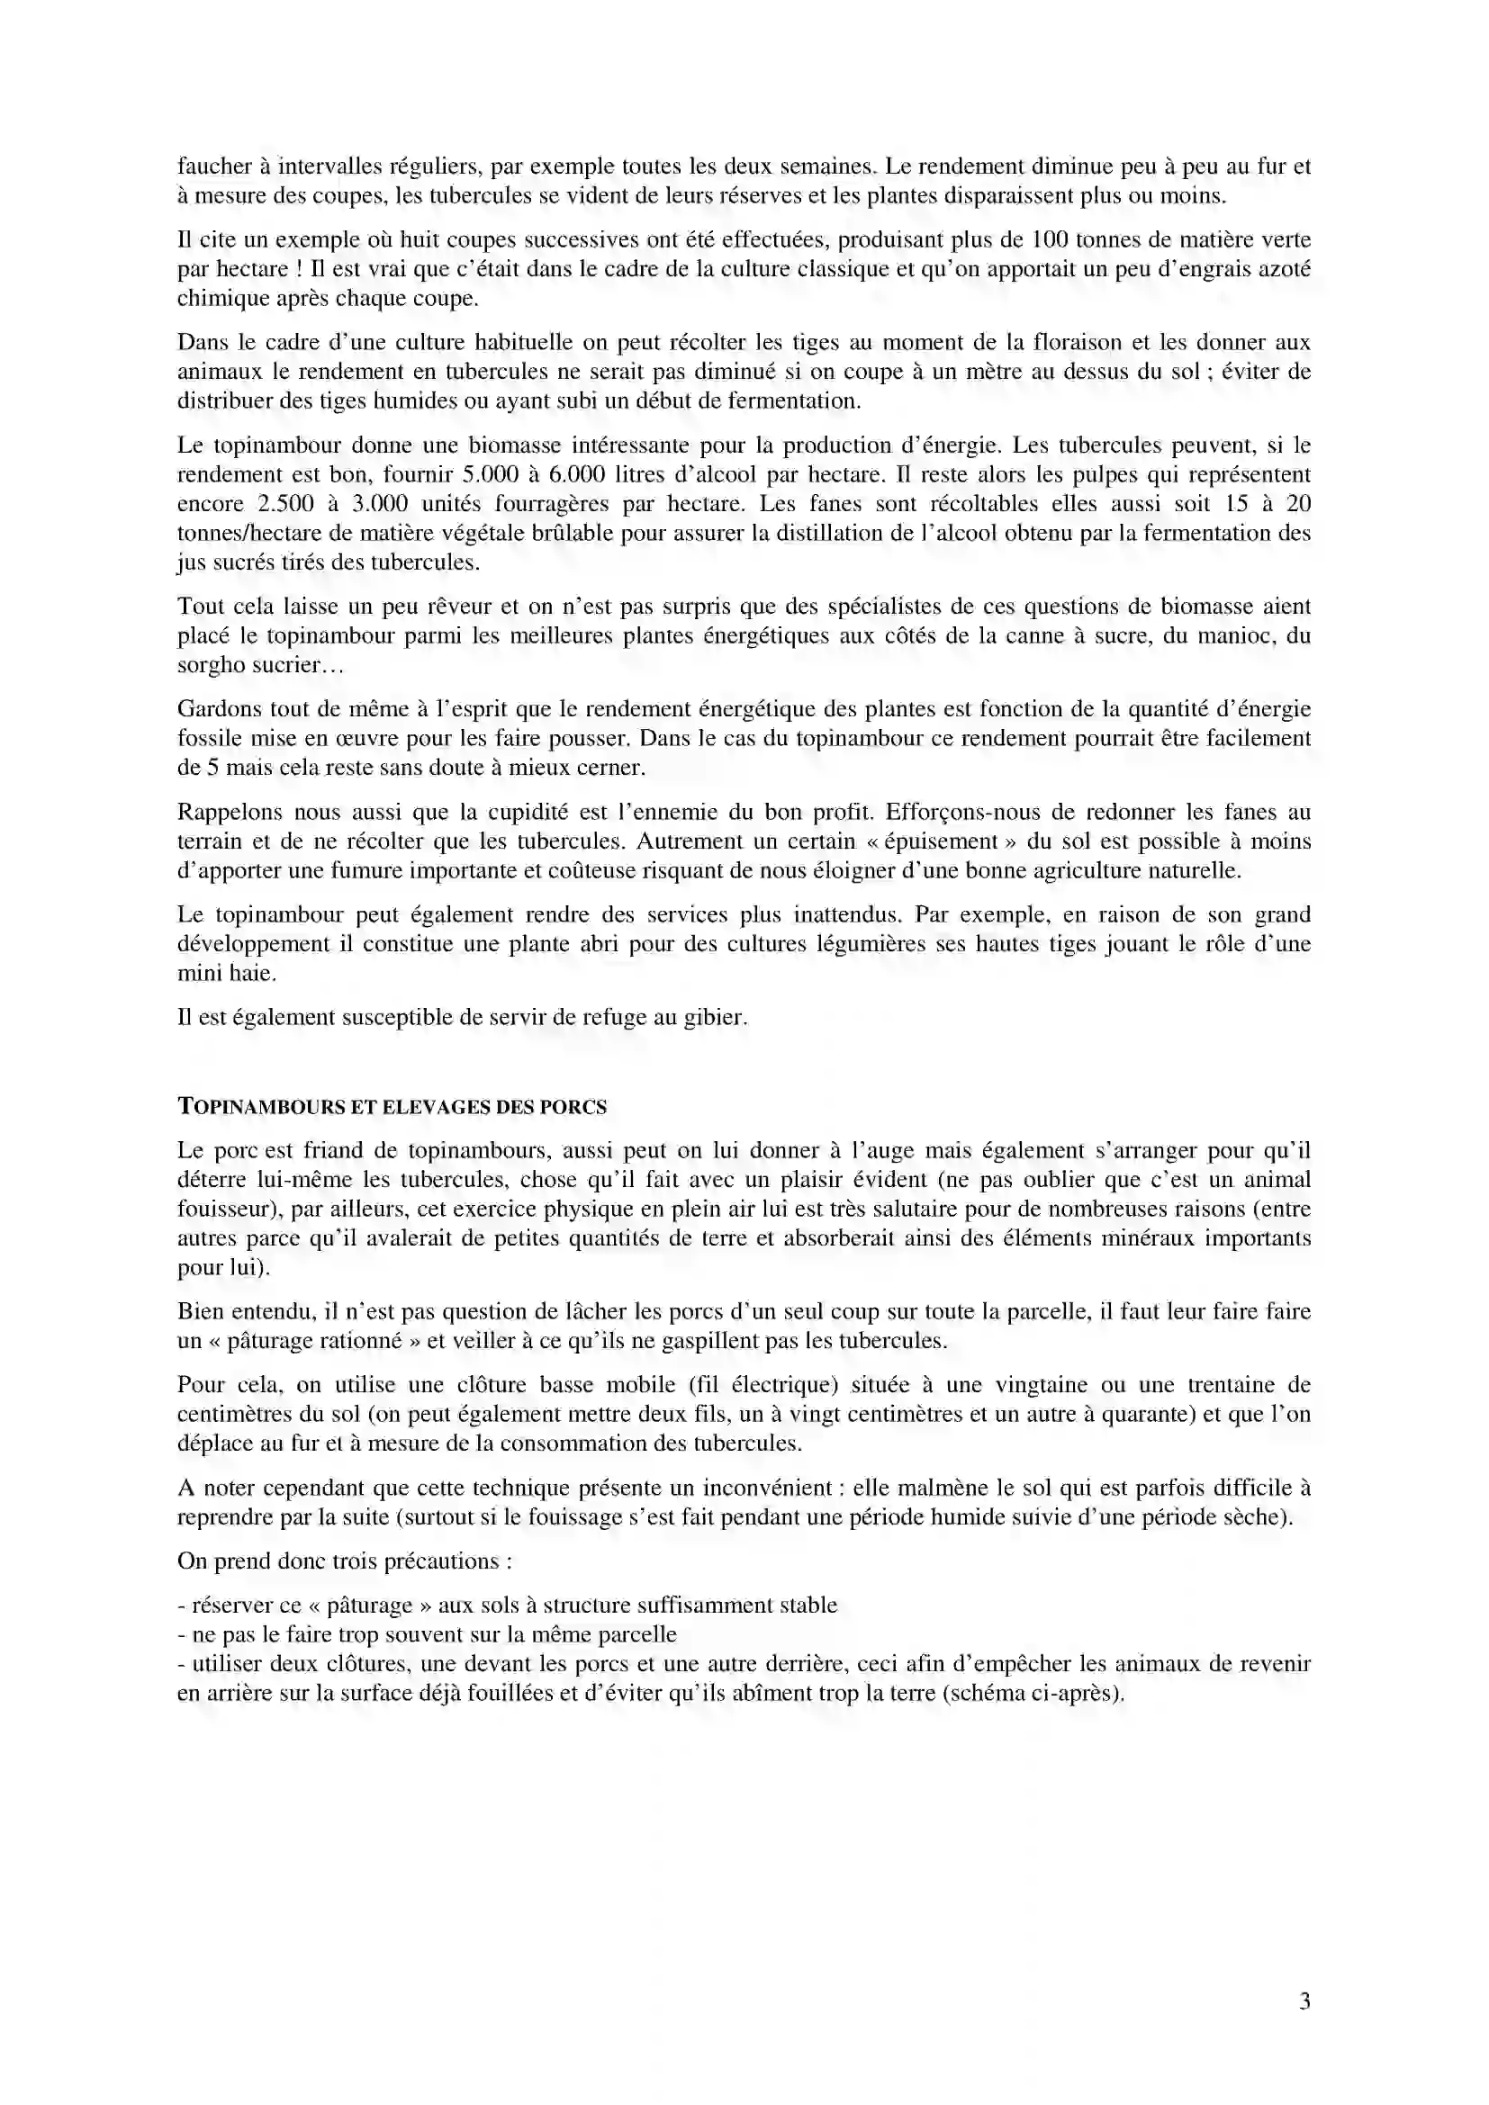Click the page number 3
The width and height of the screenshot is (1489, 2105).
click(x=1304, y=2002)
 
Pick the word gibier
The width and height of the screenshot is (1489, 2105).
click(x=715, y=1018)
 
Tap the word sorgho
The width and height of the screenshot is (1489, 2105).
click(x=210, y=666)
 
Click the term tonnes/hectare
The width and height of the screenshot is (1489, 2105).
click(x=253, y=534)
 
